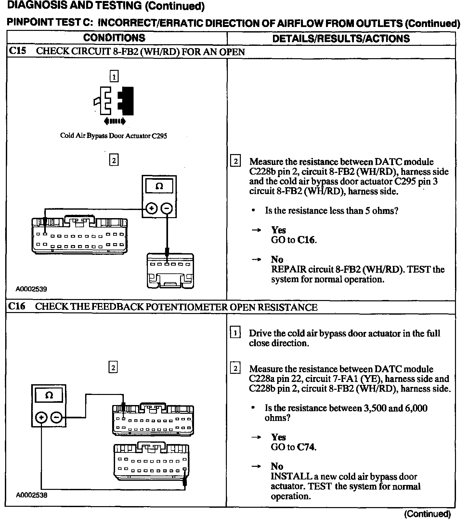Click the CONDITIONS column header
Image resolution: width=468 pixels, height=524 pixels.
(x=114, y=38)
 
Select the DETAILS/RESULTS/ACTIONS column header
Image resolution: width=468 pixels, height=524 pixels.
(x=341, y=38)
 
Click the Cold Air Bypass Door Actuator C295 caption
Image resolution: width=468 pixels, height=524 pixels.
(x=113, y=136)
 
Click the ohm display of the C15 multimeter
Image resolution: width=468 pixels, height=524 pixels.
(x=159, y=186)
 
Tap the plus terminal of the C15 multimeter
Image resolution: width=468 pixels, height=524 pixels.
(x=151, y=208)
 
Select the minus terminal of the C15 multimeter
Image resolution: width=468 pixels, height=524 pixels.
(x=167, y=208)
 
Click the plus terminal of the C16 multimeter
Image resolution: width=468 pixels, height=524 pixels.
(x=41, y=417)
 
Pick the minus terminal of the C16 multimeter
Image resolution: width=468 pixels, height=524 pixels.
(x=57, y=417)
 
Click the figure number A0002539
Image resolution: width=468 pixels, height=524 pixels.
(x=31, y=289)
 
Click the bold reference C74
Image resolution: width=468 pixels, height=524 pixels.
(x=306, y=447)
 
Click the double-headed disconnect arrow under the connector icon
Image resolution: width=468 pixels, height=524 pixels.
(x=114, y=121)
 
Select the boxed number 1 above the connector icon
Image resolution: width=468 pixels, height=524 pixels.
(x=114, y=77)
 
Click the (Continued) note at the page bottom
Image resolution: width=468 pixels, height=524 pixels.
(x=427, y=514)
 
